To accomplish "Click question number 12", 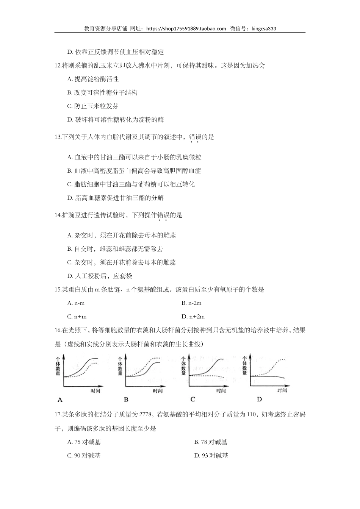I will point(58,66).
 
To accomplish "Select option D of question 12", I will point(115,120).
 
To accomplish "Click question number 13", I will point(58,137).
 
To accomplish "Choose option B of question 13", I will point(134,171).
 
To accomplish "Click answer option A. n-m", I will point(76,303).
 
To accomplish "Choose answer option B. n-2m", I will point(191,303).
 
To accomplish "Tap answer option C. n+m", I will point(77,317).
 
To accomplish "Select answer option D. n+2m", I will point(193,317).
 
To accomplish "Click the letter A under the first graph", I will point(60,399).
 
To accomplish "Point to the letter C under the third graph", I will point(193,399).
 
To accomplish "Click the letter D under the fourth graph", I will point(259,399).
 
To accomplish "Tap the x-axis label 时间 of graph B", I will point(158,391).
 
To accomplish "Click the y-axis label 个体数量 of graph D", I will point(245,365).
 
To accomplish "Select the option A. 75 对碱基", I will point(84,442).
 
